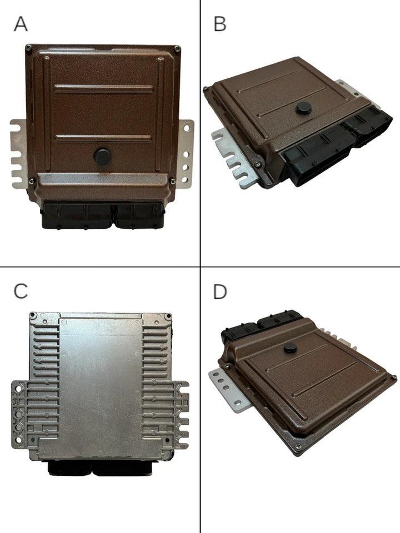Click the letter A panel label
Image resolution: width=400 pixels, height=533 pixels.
[21, 24]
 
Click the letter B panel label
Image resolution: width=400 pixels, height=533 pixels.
[220, 24]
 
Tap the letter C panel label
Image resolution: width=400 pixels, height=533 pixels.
[21, 291]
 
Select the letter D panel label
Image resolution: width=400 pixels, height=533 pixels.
[220, 291]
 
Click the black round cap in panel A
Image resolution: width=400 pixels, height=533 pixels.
[102, 157]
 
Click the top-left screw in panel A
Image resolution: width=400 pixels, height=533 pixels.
[29, 48]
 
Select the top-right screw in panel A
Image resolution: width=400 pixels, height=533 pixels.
[177, 49]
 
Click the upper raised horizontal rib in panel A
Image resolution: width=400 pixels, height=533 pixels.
[104, 89]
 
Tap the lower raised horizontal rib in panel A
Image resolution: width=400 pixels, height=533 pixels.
[103, 138]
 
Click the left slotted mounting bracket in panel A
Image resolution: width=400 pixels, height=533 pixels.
[18, 154]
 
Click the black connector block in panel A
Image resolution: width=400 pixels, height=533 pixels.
[102, 215]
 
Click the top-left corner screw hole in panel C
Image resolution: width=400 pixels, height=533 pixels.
[33, 315]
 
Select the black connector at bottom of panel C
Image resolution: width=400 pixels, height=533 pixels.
[99, 467]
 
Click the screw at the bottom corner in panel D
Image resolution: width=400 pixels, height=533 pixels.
[298, 447]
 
